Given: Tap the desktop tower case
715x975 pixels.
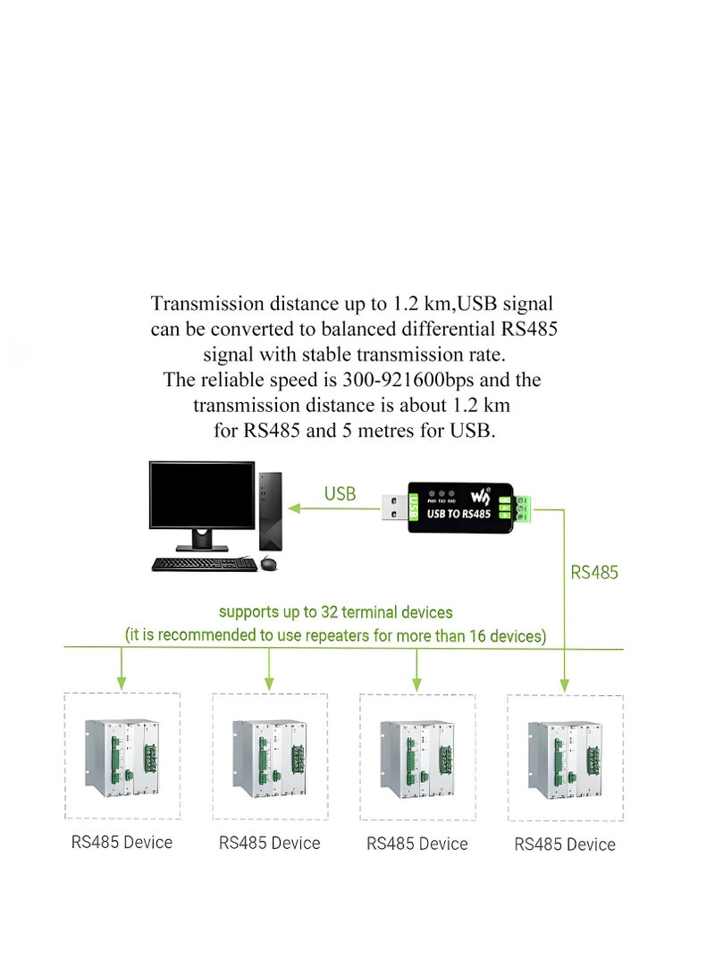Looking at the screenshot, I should pos(271,510).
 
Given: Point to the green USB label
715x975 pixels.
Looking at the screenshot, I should pos(340,494).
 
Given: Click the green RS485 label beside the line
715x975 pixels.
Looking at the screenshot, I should pos(594,572).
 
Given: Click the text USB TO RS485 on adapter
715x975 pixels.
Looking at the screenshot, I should pos(459,514).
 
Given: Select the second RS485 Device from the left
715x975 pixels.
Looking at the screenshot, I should pos(270,757).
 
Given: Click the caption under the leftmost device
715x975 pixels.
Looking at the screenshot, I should pos(122,842).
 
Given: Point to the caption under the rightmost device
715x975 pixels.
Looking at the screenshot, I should pos(565,845).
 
